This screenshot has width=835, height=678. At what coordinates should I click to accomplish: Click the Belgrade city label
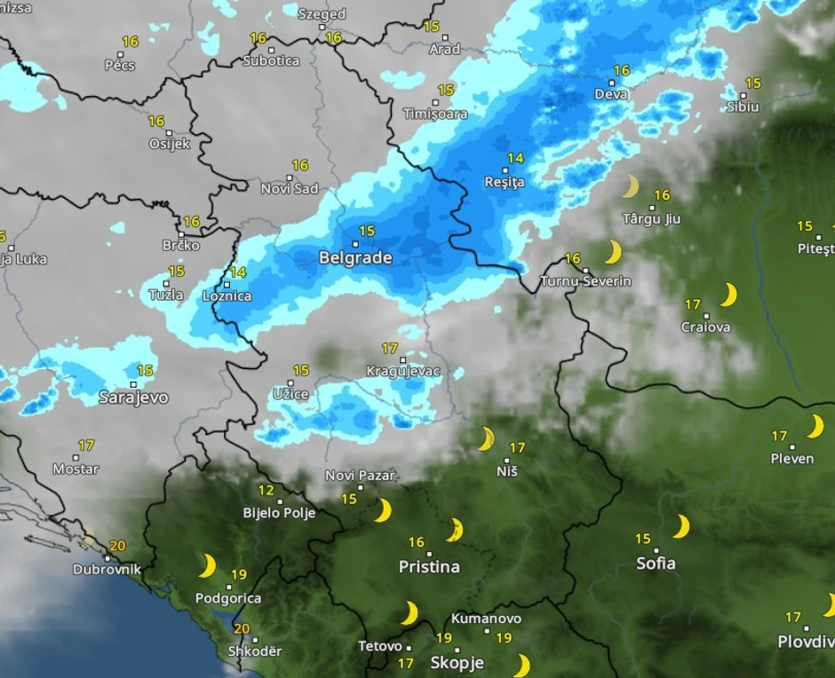click(355, 258)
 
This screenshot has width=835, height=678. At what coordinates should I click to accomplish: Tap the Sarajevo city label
click(133, 398)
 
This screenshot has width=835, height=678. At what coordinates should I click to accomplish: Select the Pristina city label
click(429, 566)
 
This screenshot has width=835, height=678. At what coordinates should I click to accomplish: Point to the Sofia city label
click(656, 563)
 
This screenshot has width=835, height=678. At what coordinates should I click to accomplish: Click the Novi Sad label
click(290, 188)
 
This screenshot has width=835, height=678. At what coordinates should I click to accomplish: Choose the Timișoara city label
click(435, 114)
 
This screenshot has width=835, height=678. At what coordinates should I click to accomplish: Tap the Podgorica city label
click(228, 598)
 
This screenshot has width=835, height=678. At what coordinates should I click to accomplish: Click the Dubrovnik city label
click(107, 570)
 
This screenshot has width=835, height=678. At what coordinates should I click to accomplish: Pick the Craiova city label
click(706, 327)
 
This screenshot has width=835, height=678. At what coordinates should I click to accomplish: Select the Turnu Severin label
click(586, 281)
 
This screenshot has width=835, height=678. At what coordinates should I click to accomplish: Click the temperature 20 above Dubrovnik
click(116, 546)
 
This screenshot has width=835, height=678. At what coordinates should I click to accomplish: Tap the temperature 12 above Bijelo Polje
click(266, 490)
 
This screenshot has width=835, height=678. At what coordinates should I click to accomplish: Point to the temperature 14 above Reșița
click(515, 159)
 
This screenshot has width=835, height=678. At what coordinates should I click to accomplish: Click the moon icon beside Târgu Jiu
click(631, 186)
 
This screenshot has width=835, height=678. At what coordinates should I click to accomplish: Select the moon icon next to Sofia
click(681, 527)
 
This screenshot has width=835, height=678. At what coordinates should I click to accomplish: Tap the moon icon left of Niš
click(486, 438)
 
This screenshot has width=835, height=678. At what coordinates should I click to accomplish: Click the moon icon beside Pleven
click(815, 427)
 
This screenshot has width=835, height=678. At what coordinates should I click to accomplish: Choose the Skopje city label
click(457, 662)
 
